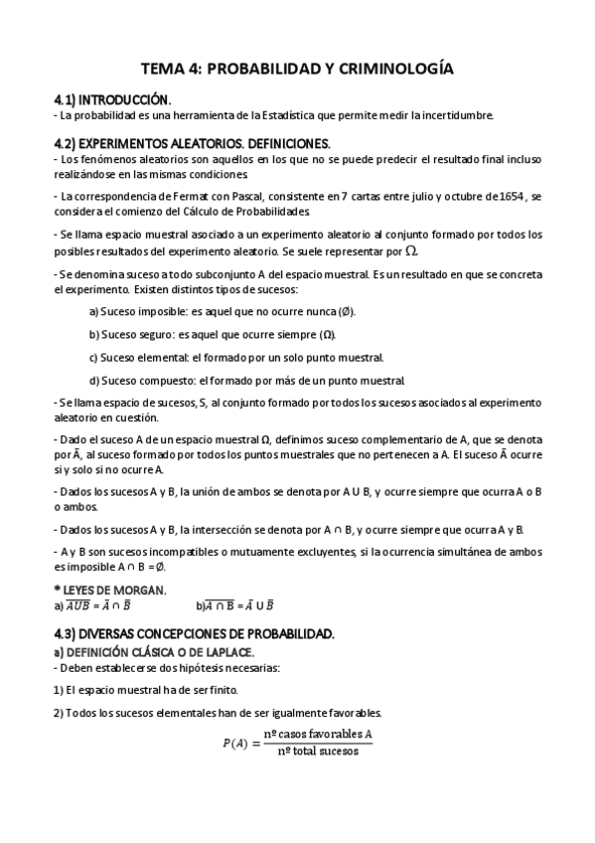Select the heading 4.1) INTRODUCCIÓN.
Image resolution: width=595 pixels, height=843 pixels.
(112, 100)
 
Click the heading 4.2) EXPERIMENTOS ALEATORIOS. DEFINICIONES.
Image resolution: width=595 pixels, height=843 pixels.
(192, 143)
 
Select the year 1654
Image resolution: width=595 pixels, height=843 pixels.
(513, 198)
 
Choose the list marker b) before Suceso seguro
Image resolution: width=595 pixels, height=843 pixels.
(94, 335)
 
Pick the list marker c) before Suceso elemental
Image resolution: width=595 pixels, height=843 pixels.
(93, 358)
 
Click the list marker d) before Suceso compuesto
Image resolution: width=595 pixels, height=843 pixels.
(94, 381)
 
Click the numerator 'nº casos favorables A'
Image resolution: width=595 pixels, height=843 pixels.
(318, 735)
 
